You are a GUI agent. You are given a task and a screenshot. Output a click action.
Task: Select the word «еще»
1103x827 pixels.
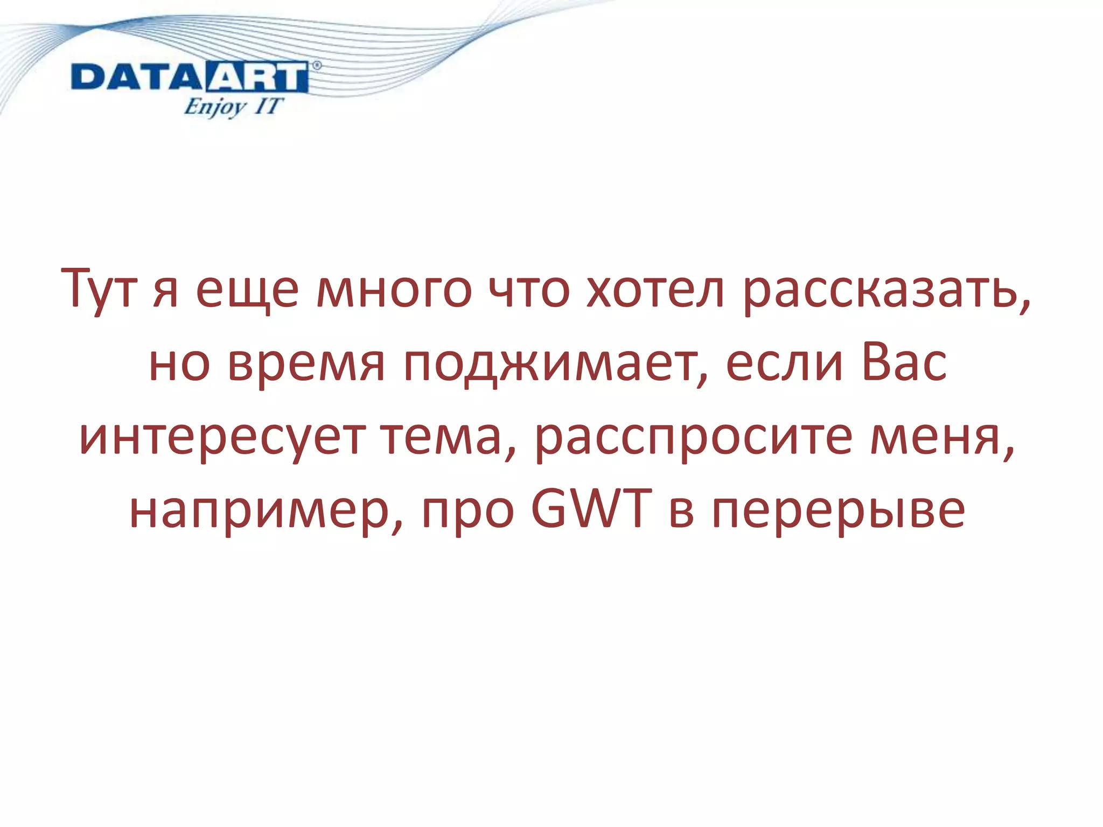click(x=247, y=291)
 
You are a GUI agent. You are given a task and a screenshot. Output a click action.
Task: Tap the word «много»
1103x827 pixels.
click(x=393, y=291)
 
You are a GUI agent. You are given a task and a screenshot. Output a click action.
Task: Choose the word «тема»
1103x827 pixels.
click(x=447, y=437)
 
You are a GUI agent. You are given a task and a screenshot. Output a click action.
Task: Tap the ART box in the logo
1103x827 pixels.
click(x=256, y=78)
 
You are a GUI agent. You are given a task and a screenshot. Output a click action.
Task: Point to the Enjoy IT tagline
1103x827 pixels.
click(x=233, y=107)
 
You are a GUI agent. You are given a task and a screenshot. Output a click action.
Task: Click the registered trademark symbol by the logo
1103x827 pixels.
click(x=317, y=66)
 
